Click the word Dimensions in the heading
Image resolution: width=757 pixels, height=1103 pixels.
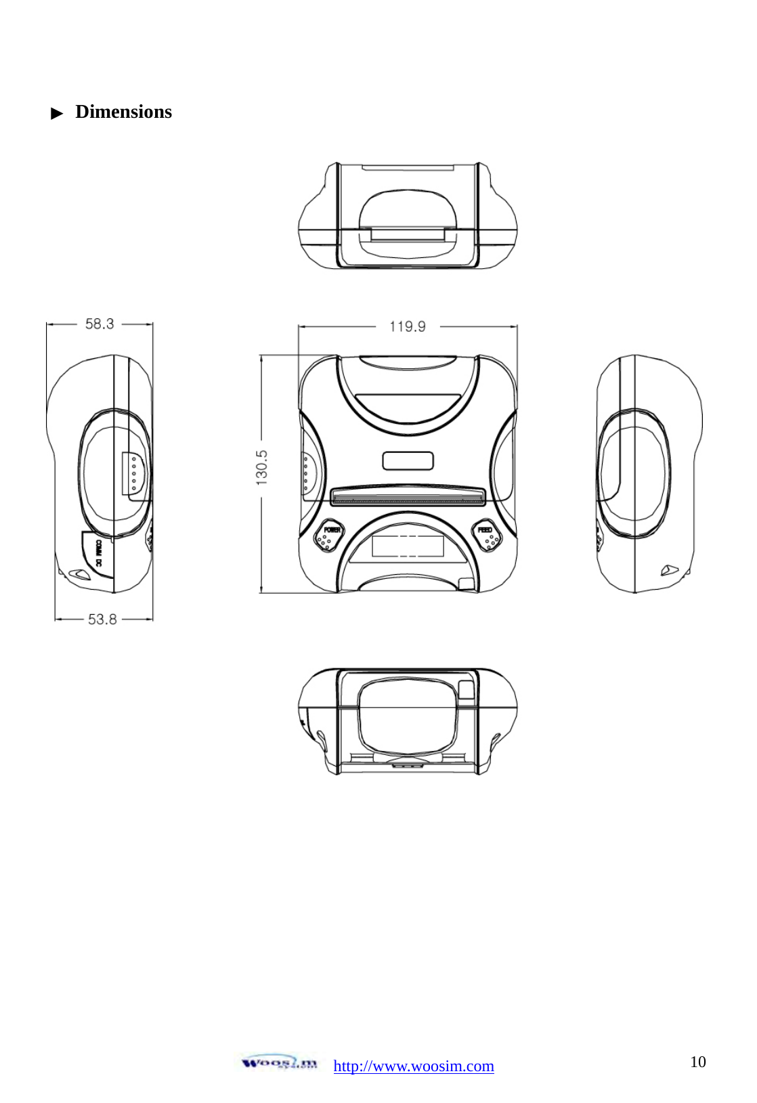coord(123,112)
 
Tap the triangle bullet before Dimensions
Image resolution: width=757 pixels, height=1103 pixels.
coord(58,113)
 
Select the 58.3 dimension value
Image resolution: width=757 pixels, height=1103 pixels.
coord(100,324)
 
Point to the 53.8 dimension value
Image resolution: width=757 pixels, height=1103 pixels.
coord(102,620)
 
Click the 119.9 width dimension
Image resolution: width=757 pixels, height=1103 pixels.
coord(408,327)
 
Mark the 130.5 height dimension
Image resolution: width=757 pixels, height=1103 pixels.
coord(262,467)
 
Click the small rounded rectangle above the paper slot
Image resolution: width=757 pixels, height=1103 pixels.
coord(408,461)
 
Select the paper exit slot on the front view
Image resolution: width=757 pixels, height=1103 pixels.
coord(408,500)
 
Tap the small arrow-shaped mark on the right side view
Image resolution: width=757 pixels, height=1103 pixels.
coord(669,570)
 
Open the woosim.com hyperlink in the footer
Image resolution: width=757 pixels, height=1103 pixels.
coord(414,1066)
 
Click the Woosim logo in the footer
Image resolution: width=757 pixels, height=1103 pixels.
coord(279,1062)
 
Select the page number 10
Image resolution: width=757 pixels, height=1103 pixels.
coord(697,1062)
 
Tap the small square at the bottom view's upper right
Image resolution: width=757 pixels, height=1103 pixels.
coord(467,689)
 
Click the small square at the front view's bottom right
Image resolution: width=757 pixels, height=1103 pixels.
coord(466,584)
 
